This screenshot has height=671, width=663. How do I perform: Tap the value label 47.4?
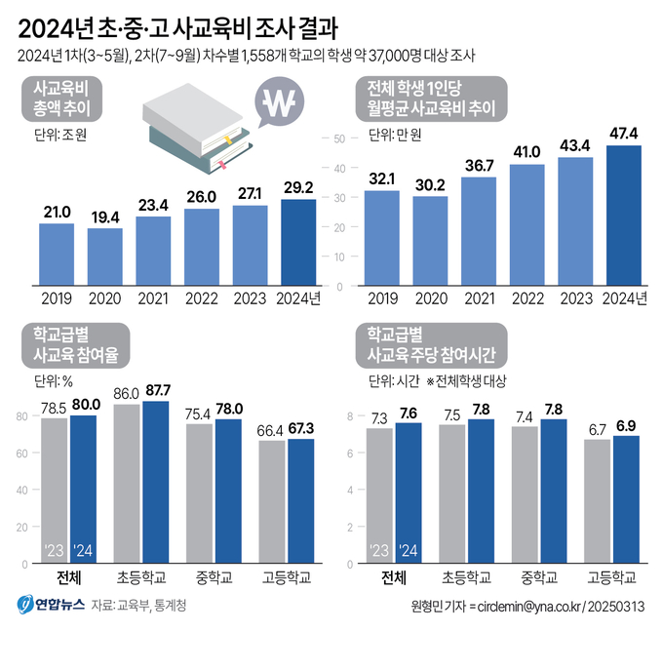click(x=624, y=134)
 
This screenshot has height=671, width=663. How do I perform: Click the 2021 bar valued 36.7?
click(x=479, y=232)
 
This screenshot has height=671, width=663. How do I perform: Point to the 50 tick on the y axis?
click(x=340, y=138)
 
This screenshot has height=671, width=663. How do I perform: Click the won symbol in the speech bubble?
click(x=284, y=101)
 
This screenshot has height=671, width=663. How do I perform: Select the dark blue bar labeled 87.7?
click(x=155, y=482)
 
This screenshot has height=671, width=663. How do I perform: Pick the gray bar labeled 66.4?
click(x=271, y=502)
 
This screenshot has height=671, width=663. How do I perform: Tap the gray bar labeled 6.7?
click(x=596, y=501)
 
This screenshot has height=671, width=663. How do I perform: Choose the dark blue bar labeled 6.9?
click(x=625, y=499)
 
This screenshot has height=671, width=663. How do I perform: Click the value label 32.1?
click(x=382, y=178)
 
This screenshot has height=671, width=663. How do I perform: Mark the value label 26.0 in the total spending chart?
click(x=202, y=197)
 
